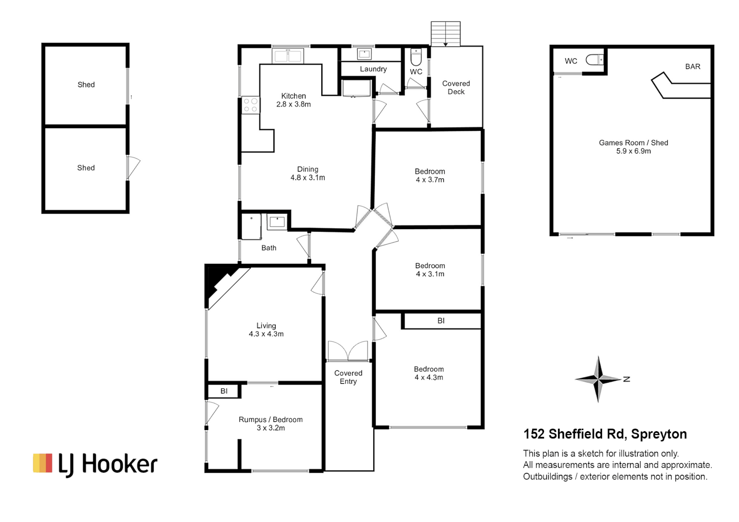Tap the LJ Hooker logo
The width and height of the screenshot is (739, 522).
click(x=95, y=464)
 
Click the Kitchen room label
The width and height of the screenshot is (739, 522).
click(x=293, y=96)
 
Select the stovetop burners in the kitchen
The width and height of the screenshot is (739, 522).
click(x=250, y=105)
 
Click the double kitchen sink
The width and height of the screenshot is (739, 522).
click(x=288, y=56)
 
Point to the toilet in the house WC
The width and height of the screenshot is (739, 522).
click(x=416, y=57)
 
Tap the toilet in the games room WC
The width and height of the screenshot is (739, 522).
click(x=595, y=60)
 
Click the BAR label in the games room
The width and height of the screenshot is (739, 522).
click(x=693, y=67)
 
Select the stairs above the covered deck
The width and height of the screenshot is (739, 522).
click(x=446, y=34)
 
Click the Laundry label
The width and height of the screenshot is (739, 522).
click(x=373, y=69)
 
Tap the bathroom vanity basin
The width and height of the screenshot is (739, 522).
click(x=277, y=222)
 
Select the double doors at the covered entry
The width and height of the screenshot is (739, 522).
click(x=348, y=351)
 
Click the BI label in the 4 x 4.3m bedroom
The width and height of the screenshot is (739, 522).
click(x=441, y=320)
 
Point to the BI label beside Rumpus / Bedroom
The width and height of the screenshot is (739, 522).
click(x=224, y=391)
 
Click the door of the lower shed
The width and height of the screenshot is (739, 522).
click(x=133, y=167)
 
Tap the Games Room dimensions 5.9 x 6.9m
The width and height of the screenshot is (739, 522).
click(x=633, y=151)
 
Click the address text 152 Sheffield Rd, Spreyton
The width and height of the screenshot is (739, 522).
click(x=605, y=434)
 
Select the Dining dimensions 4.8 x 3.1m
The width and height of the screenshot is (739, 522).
click(x=308, y=178)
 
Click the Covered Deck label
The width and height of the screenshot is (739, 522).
click(x=456, y=87)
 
